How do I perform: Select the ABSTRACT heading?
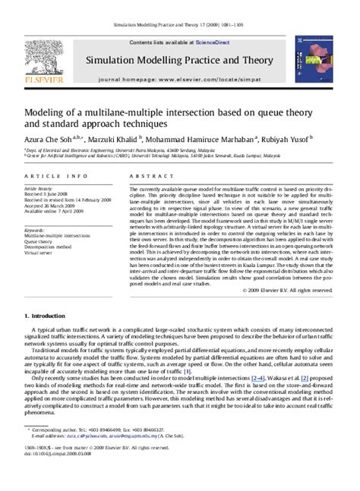(147, 176)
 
